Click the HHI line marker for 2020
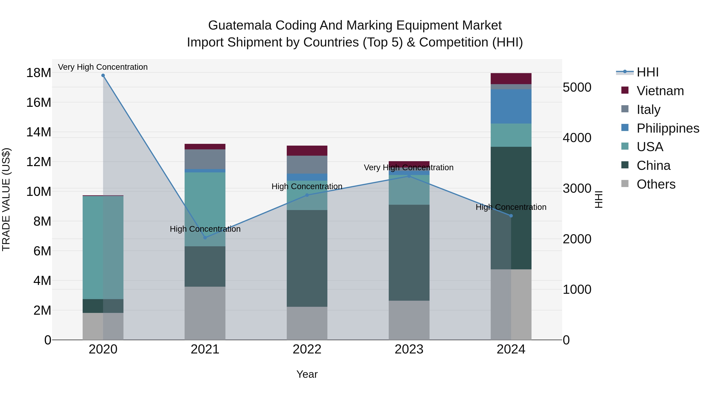coord(103,75)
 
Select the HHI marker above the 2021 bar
coord(205,238)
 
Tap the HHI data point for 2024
coord(511,216)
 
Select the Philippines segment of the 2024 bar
coord(511,106)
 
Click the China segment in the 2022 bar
coord(307,258)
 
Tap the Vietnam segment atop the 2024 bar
coord(511,78)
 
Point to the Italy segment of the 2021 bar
coord(205,159)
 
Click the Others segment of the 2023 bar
coord(409,320)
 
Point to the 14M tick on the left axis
coord(39,132)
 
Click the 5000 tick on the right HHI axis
coord(577,87)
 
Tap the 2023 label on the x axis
coord(409,349)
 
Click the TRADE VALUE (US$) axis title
coord(6,199)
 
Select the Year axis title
coord(307,375)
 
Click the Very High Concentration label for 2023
coord(408,167)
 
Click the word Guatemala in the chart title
coord(240,25)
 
